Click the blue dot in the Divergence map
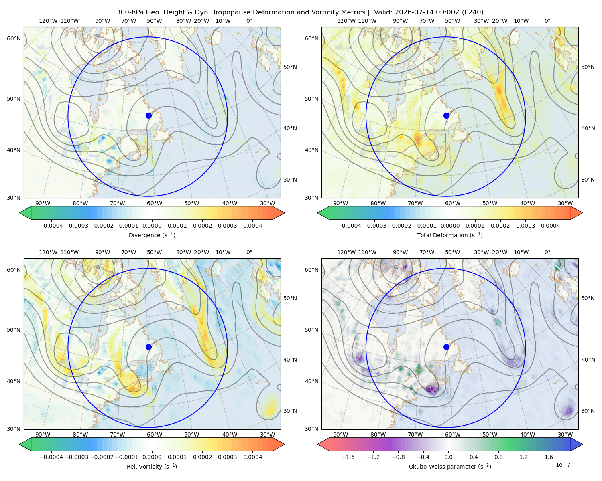(148, 115)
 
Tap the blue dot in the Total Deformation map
(446, 115)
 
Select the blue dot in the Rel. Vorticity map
(148, 347)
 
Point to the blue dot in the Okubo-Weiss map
(446, 347)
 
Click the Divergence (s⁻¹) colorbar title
(152, 235)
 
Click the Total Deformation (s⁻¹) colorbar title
(450, 235)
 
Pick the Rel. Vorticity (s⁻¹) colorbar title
(152, 466)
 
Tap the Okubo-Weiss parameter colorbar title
(450, 466)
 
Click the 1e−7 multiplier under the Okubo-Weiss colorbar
(563, 465)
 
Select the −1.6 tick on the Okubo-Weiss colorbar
(348, 457)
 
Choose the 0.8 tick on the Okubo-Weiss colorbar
(498, 457)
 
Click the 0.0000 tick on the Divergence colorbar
(152, 226)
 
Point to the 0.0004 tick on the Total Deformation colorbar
(550, 226)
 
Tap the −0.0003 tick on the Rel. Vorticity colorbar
(76, 457)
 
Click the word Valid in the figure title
(382, 12)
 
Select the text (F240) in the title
(472, 12)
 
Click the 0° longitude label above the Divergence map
(249, 21)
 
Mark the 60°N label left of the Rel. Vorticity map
(14, 270)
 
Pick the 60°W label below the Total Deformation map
(453, 203)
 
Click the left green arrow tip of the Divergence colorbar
(20, 213)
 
